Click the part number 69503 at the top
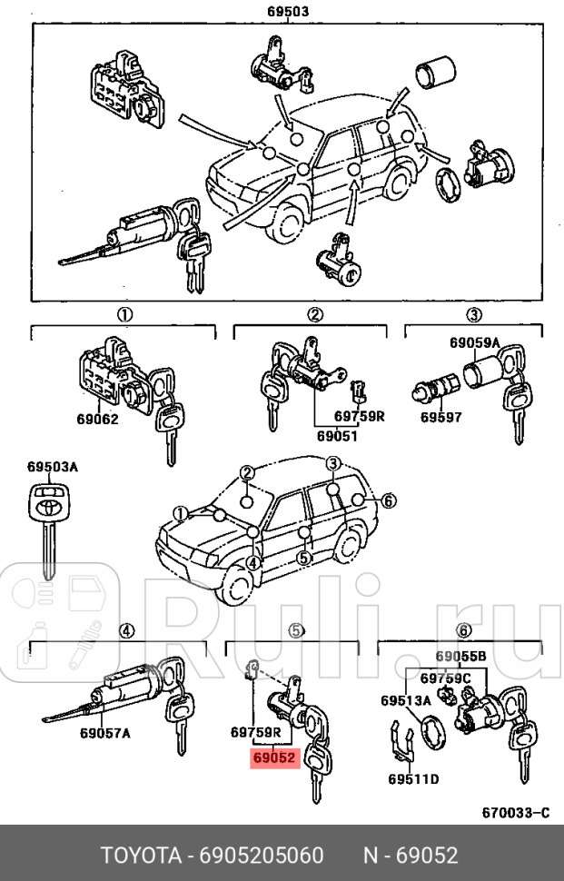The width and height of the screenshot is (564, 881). [x=288, y=12]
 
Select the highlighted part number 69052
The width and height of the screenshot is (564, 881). [x=274, y=757]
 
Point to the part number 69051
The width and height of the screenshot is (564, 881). [x=337, y=435]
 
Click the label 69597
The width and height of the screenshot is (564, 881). [x=440, y=418]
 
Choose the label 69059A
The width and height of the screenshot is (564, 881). [x=474, y=342]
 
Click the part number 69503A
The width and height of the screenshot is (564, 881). [x=53, y=467]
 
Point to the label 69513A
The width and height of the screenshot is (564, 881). [x=405, y=700]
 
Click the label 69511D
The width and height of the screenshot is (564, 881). [x=413, y=779]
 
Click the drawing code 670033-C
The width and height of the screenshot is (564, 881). [x=515, y=812]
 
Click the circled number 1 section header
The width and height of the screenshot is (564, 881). [x=124, y=315]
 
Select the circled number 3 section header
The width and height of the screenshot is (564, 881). [x=473, y=315]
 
